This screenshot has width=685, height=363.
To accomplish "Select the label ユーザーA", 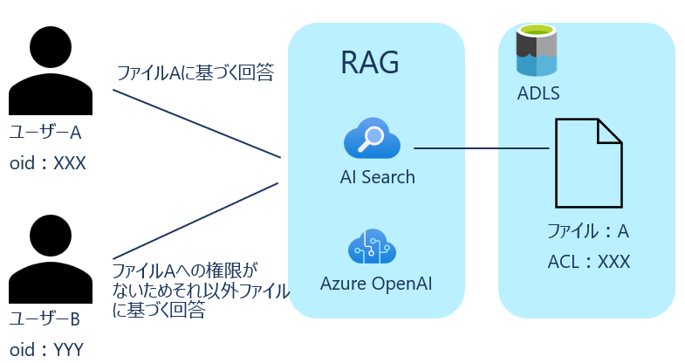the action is pos(45,132).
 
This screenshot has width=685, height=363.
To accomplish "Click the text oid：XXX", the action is pos(48,163).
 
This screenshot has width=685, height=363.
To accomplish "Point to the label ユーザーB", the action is pos(45,318).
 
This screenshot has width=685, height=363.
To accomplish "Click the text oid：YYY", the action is pos(47,349).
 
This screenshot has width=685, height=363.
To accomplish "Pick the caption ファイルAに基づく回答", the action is pos(195,72).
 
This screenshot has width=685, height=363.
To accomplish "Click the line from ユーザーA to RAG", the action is pos(196,124).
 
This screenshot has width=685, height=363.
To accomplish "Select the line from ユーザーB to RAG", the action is pos(195,221).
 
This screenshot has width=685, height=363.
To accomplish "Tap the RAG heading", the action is pos(370,63).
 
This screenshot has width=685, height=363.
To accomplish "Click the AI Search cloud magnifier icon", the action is pos(373,138).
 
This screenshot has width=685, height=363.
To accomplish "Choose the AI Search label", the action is pos(378,177).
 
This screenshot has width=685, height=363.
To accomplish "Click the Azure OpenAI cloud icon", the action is pos(373,246).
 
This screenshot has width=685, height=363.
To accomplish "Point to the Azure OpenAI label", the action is pos(376,284).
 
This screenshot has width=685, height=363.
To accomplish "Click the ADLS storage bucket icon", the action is pos(537,51).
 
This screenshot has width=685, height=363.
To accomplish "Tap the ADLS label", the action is pos(538,93).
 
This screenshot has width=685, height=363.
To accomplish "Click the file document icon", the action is pos(588,163).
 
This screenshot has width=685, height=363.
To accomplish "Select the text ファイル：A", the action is pos(588,231).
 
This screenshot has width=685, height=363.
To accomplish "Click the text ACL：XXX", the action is pos(589,262).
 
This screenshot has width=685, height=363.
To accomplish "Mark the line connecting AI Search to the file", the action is pos(482,148).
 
